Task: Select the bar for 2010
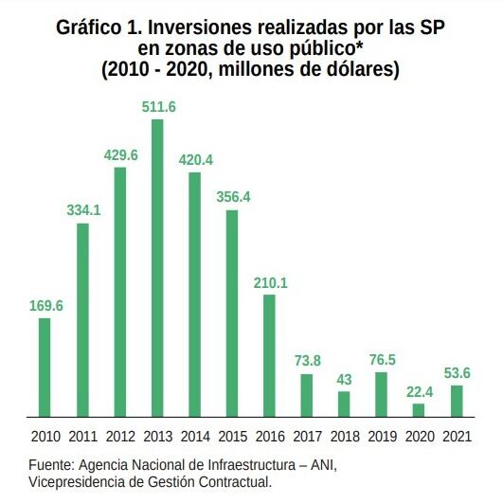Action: (45, 367)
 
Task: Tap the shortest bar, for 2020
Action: (419, 409)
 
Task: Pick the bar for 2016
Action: (269, 355)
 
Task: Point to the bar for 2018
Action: (344, 404)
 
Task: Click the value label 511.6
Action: (158, 107)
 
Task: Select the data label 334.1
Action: (83, 210)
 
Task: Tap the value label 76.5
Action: (381, 359)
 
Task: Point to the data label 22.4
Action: (419, 390)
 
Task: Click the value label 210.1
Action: (270, 281)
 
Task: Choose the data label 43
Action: (344, 379)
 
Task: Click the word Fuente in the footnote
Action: (51, 465)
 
